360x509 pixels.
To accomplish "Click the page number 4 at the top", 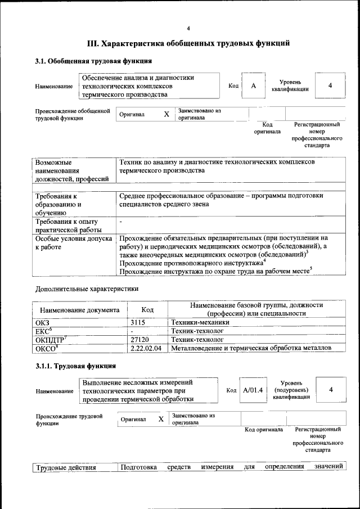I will click(x=188, y=29).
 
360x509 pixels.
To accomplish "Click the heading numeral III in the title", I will click(x=93, y=43).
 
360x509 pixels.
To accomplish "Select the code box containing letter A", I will click(x=254, y=85).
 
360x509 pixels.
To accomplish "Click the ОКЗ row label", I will click(x=42, y=323).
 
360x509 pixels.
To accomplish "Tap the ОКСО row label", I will click(x=46, y=349).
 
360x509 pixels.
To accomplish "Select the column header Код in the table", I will click(x=147, y=309).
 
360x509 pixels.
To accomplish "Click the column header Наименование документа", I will click(x=79, y=309).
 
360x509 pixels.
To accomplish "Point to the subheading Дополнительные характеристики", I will click(x=87, y=289).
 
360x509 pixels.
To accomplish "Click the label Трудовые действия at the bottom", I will click(x=66, y=467).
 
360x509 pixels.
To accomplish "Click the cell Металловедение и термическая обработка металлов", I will click(x=251, y=349).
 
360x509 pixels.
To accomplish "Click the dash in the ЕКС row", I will click(x=132, y=332).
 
